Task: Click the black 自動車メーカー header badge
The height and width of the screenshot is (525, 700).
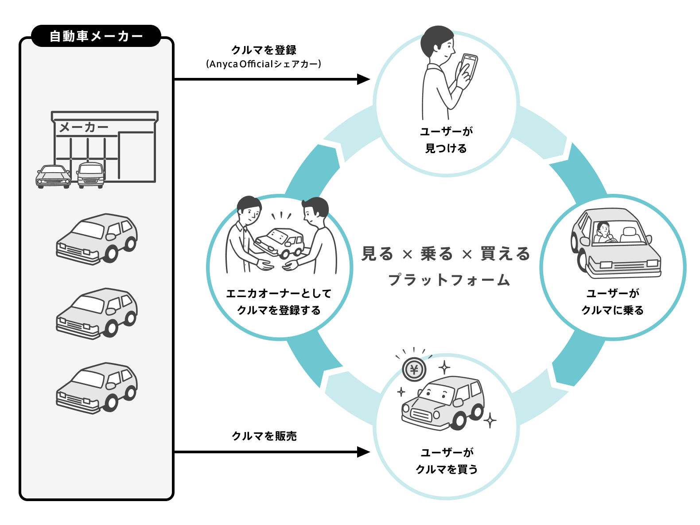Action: pyautogui.click(x=96, y=36)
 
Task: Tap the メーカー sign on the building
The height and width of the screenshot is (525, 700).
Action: pyautogui.click(x=84, y=127)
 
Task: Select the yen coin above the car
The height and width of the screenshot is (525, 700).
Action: pyautogui.click(x=414, y=369)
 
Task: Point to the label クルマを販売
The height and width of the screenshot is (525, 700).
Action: pyautogui.click(x=264, y=436)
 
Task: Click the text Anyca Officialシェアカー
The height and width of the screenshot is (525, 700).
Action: pyautogui.click(x=264, y=64)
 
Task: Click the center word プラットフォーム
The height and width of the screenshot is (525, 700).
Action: pyautogui.click(x=449, y=280)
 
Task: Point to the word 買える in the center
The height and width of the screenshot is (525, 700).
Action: pyautogui.click(x=505, y=254)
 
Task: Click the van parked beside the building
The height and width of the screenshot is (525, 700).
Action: pyautogui.click(x=91, y=175)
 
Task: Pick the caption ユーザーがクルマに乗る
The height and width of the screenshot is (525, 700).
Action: pyautogui.click(x=612, y=302)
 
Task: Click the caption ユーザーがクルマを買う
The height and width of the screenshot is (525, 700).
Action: pyautogui.click(x=447, y=461)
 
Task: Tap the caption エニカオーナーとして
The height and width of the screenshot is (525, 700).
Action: pyautogui.click(x=279, y=293)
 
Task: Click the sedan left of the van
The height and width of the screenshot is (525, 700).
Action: pyautogui.click(x=53, y=176)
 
